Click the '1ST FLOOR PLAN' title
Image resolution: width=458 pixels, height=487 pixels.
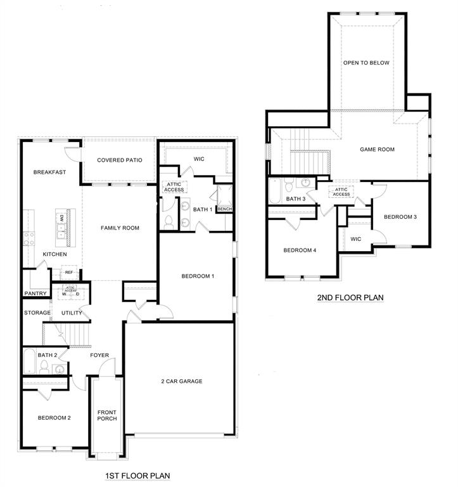137,475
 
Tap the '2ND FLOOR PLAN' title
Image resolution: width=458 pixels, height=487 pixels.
351,297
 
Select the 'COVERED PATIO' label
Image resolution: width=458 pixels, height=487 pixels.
120,160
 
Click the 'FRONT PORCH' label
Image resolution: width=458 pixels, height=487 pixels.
107,415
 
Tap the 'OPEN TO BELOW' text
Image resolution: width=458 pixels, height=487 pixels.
366,63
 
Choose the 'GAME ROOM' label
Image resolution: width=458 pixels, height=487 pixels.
377,150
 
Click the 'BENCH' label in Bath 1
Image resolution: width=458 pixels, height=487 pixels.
224,209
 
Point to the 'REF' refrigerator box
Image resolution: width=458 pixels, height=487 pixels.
68,273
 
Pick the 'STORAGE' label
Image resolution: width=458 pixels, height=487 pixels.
37,313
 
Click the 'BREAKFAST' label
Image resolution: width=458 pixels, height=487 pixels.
50,172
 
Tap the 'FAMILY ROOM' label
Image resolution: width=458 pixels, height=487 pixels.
120,228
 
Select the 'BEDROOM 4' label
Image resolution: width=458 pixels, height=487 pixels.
300,250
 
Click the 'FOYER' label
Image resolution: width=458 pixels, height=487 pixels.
99,355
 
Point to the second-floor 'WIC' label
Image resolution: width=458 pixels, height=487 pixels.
355,239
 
